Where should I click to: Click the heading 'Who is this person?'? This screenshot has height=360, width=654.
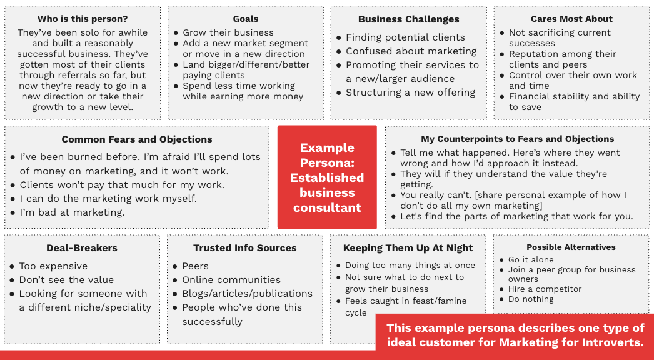click(x=83, y=19)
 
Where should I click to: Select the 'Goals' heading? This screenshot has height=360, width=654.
click(x=245, y=19)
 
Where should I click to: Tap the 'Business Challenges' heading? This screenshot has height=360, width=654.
click(x=408, y=19)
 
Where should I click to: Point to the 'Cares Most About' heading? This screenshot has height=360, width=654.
click(x=571, y=19)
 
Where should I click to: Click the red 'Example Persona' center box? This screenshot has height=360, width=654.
click(x=327, y=177)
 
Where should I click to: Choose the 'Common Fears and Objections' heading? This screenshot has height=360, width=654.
click(x=137, y=139)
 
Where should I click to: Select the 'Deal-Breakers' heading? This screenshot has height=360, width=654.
click(x=82, y=248)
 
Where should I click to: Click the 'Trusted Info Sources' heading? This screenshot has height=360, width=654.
click(x=245, y=248)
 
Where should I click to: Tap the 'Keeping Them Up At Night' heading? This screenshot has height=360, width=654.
click(x=408, y=248)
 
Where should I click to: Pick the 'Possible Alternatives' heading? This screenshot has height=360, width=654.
click(x=571, y=247)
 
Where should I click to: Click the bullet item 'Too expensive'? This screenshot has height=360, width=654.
click(x=53, y=266)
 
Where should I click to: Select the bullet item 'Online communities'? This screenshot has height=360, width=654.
click(x=231, y=280)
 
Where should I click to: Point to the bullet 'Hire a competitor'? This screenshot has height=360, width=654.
click(x=545, y=289)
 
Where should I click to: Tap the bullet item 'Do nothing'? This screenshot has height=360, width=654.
click(x=531, y=299)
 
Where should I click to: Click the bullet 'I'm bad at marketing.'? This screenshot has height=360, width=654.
click(x=72, y=212)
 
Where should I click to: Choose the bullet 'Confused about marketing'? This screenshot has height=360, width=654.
click(x=411, y=51)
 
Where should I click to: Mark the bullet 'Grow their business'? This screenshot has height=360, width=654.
click(x=228, y=32)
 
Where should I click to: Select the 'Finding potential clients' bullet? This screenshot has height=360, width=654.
click(x=405, y=37)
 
